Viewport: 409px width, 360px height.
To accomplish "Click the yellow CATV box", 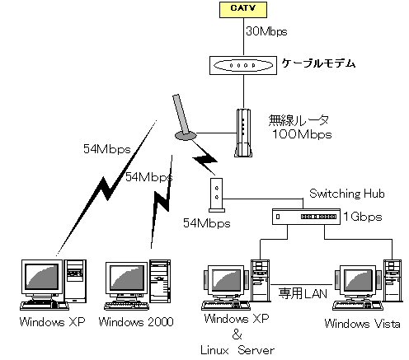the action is [x=243, y=10].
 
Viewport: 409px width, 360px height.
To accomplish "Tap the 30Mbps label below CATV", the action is [x=266, y=31].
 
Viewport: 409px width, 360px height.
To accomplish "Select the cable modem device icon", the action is [x=243, y=65].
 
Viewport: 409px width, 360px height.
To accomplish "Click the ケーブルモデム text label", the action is [x=318, y=63].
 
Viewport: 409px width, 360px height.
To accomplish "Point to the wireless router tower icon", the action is [x=243, y=133].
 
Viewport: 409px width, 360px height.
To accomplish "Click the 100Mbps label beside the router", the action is [x=302, y=134].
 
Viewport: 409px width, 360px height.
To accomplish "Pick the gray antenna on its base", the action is [x=184, y=118].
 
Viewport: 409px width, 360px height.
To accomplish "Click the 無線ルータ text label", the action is [x=299, y=120].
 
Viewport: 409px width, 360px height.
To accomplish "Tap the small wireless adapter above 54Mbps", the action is [x=217, y=195].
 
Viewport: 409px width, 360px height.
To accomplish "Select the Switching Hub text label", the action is [x=347, y=194].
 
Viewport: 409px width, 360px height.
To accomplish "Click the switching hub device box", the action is [x=306, y=217].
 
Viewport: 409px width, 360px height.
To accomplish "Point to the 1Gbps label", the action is [x=363, y=217].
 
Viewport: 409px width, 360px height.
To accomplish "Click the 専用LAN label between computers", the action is [x=303, y=293].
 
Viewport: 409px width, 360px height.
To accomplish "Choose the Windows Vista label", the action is [x=362, y=324].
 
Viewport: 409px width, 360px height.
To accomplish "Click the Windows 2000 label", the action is [x=136, y=322].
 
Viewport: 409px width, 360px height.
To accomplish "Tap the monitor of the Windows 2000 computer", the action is [x=127, y=278].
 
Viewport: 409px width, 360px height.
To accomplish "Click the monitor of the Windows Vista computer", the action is [x=358, y=281].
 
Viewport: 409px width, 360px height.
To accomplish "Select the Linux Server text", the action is [x=237, y=350].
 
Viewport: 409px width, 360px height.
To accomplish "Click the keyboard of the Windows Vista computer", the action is [x=358, y=305].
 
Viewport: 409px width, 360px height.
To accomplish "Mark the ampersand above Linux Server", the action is [x=237, y=334].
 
